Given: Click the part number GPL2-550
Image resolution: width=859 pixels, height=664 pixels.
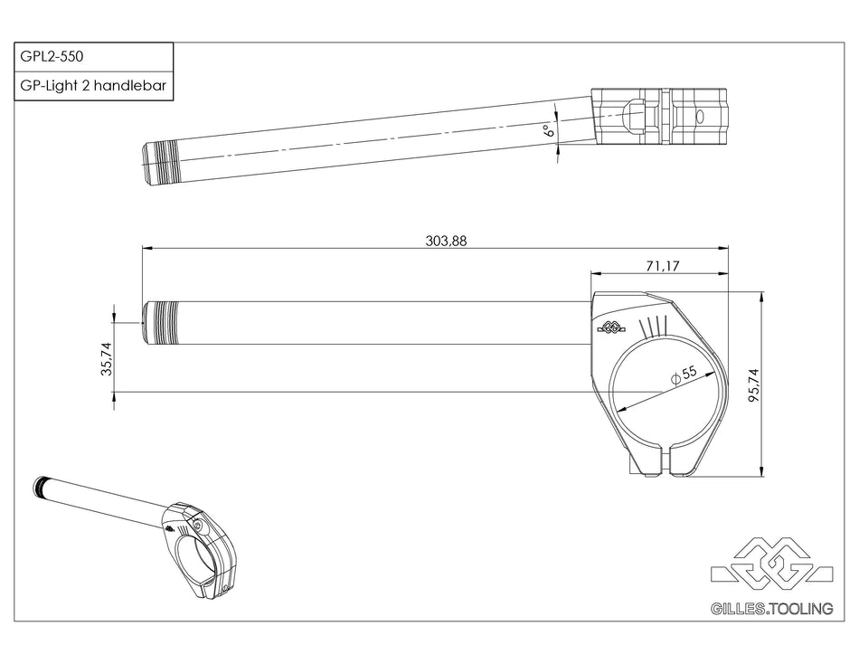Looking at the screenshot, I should [x=52, y=55].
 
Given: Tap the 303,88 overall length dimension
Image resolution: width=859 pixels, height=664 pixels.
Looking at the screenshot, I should [x=446, y=241].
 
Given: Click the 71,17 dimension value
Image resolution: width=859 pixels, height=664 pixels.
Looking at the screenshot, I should [x=663, y=266].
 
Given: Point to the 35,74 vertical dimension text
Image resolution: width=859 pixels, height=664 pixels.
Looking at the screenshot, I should [x=107, y=359].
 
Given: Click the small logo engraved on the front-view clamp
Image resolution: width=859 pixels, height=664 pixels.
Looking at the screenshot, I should [x=612, y=327].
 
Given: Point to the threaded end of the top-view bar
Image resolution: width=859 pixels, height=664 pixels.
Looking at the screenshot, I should [x=161, y=163].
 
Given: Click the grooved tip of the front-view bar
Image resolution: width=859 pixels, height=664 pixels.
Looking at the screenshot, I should [x=162, y=322].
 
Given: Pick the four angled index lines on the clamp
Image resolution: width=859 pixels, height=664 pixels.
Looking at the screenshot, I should [x=655, y=327].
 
